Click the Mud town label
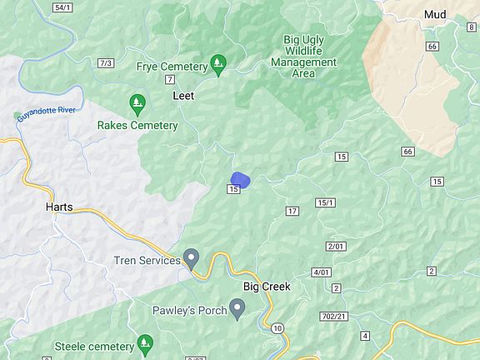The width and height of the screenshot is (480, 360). [435, 14]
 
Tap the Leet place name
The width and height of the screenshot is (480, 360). [182, 96]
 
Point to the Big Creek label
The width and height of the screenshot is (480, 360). [267, 287]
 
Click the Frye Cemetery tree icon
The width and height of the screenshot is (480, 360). [218, 62]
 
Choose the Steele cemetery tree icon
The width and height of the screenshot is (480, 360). [146, 342]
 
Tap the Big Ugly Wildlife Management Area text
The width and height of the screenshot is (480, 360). [310, 56]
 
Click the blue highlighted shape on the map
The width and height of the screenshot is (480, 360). [240, 178]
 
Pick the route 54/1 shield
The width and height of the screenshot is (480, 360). [62, 7]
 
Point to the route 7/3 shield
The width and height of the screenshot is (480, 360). [105, 63]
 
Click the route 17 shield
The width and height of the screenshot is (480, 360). [292, 211]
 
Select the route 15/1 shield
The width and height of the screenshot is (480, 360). [325, 202]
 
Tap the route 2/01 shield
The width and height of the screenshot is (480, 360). [336, 247]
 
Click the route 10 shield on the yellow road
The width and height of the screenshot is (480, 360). [277, 327]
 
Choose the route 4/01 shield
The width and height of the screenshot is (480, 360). [321, 272]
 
